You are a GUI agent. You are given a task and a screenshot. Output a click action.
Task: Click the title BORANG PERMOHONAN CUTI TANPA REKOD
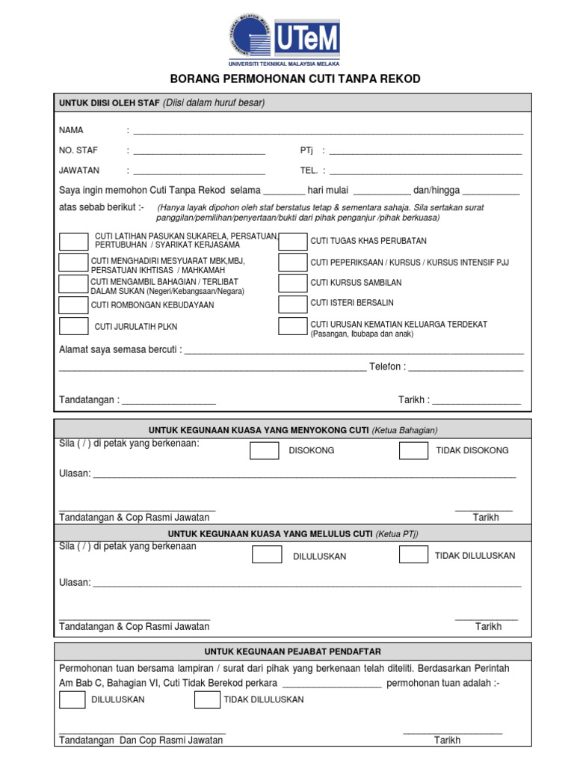point(295,79)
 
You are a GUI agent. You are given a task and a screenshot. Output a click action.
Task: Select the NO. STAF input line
point(199,152)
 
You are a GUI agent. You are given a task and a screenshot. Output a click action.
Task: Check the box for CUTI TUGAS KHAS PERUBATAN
point(292,241)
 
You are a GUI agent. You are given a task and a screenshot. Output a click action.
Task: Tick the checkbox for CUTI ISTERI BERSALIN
point(292,304)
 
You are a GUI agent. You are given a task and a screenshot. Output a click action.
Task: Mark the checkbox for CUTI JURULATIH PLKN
point(73,326)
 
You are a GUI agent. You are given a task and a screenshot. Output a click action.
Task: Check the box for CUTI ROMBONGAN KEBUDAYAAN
point(73,304)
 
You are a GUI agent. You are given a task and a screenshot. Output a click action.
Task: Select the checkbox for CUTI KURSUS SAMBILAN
point(292,283)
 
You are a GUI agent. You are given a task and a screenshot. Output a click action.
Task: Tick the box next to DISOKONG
point(264,450)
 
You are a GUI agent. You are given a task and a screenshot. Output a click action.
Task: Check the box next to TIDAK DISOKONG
point(413,450)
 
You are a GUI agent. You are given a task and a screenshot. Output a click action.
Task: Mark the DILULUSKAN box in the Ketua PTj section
point(267,555)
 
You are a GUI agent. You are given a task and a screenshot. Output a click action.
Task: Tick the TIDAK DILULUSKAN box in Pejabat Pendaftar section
point(207,699)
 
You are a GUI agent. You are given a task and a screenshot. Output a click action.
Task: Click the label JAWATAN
point(79,171)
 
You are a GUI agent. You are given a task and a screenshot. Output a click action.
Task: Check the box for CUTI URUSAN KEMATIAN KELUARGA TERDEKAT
point(292,326)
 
